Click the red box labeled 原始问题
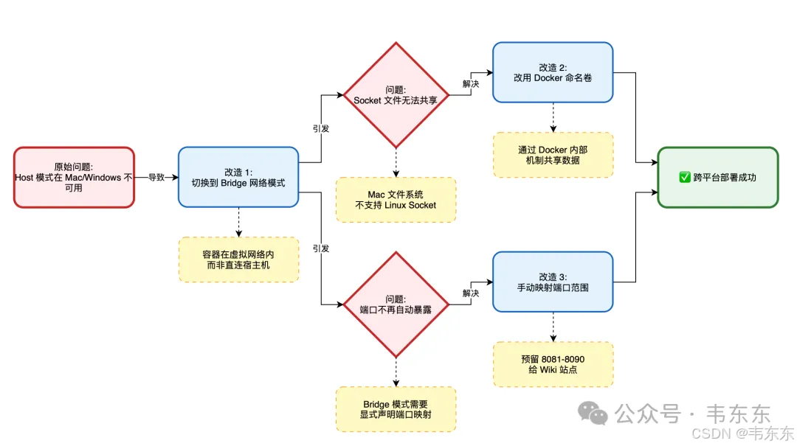[74, 177]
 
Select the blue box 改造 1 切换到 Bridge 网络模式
[238, 177]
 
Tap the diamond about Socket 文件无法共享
[396, 95]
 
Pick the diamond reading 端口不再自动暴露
[396, 304]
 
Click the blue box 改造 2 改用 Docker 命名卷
[553, 72]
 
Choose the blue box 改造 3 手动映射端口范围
[553, 282]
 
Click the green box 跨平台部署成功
[717, 177]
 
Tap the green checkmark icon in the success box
[684, 177]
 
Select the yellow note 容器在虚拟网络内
[238, 259]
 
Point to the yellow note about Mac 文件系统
[396, 200]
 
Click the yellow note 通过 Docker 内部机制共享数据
[553, 155]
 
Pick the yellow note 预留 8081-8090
[553, 364]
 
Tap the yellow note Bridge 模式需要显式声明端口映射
[396, 409]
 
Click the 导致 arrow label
[157, 177]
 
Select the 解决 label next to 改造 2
[471, 84]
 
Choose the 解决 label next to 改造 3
[471, 293]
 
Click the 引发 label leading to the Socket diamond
[321, 128]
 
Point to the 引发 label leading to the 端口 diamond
[321, 248]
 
